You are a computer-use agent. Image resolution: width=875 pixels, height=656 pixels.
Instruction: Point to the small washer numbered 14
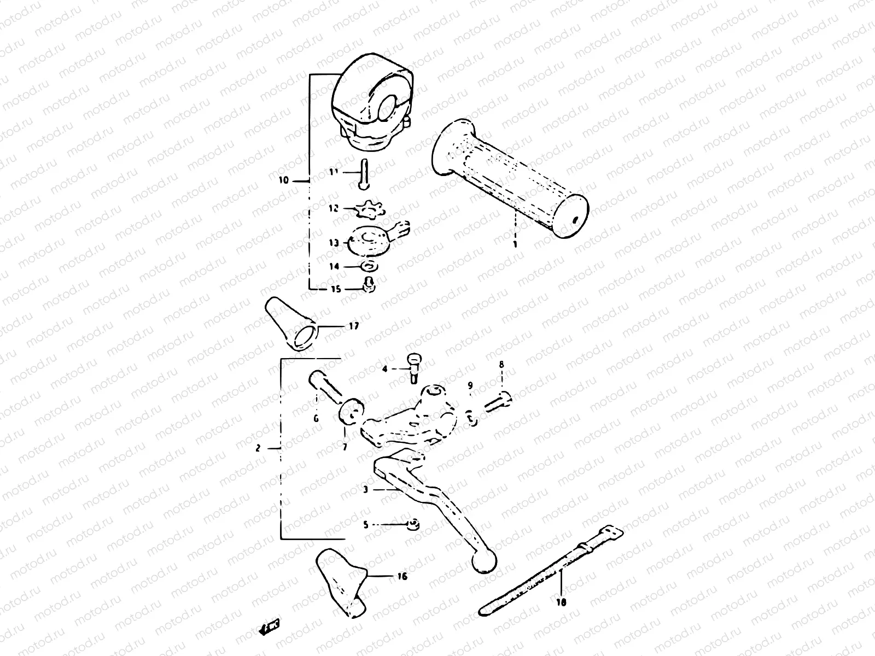[368, 267]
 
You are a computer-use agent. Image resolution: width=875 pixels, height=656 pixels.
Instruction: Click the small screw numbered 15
[369, 284]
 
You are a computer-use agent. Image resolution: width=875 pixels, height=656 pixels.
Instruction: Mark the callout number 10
[283, 179]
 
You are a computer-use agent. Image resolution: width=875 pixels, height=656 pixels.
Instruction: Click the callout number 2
[258, 449]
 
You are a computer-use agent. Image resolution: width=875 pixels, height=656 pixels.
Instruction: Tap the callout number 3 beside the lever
[365, 490]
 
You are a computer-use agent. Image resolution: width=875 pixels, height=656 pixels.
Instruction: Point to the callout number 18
[561, 602]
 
